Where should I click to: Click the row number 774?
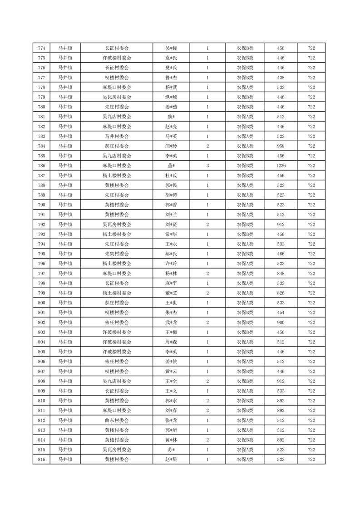click(42, 48)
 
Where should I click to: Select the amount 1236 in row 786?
click(281, 166)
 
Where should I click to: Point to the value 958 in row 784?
click(281, 146)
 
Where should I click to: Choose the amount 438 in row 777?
click(281, 78)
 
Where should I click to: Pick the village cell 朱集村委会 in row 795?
click(117, 254)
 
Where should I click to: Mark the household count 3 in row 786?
click(207, 166)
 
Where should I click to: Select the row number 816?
click(42, 460)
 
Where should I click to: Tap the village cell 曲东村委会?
click(117, 421)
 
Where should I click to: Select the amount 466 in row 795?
click(281, 254)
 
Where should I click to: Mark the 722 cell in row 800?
click(311, 303)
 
